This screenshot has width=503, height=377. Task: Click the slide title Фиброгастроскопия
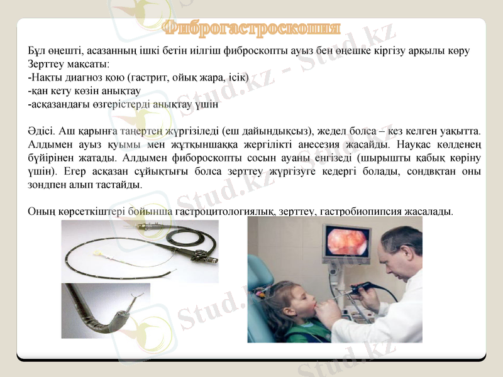[251, 28]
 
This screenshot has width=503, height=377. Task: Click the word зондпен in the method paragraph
[47, 185]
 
